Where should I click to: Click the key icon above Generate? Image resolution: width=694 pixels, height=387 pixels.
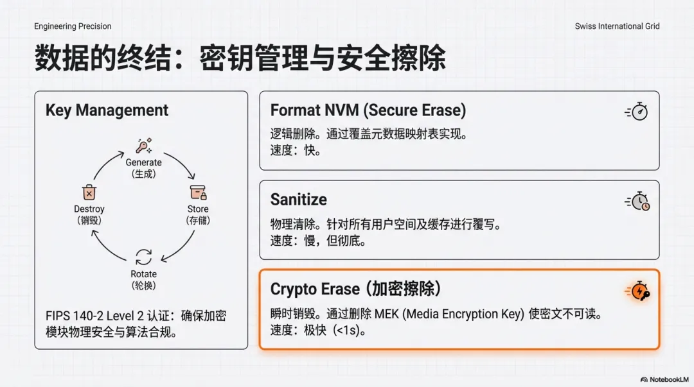click(x=143, y=145)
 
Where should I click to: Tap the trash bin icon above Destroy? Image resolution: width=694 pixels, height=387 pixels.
click(x=89, y=192)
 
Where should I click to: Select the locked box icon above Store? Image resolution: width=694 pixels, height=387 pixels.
click(x=198, y=192)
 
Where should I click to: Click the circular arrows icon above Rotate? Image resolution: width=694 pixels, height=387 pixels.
click(x=143, y=257)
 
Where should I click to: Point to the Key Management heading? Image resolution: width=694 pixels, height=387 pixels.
click(x=107, y=110)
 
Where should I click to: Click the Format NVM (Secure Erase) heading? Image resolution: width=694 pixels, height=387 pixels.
click(x=368, y=110)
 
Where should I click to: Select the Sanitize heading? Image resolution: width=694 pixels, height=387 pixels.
click(x=298, y=199)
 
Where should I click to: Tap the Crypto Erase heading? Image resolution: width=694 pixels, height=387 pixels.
click(x=356, y=289)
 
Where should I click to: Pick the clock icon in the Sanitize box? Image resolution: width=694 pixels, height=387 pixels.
click(x=637, y=202)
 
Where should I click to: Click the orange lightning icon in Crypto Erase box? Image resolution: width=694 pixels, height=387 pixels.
click(x=637, y=291)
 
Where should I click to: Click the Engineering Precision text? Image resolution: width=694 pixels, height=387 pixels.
click(x=73, y=26)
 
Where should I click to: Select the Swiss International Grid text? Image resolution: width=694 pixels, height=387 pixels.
click(x=617, y=26)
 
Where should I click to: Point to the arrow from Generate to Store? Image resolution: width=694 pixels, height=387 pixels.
click(x=181, y=165)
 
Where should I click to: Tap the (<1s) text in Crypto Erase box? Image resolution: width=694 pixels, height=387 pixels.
click(x=350, y=331)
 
